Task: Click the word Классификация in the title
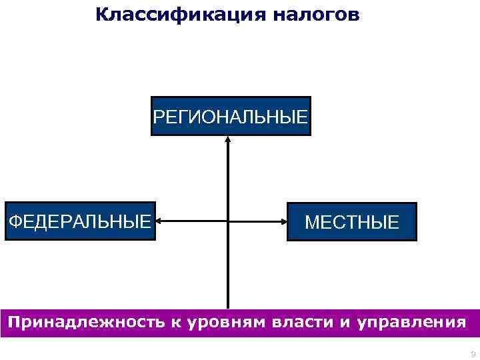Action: tap(180, 15)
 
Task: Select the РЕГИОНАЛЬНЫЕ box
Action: tap(231, 117)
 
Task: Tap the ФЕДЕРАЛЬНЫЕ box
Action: tap(79, 221)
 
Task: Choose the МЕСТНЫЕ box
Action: tap(352, 221)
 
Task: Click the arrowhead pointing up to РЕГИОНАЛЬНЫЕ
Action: tap(228, 140)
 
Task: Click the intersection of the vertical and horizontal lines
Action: tap(228, 221)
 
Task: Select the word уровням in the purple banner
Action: tap(226, 323)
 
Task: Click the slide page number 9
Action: tap(472, 354)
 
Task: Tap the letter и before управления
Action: tap(345, 323)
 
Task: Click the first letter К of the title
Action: tap(101, 14)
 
